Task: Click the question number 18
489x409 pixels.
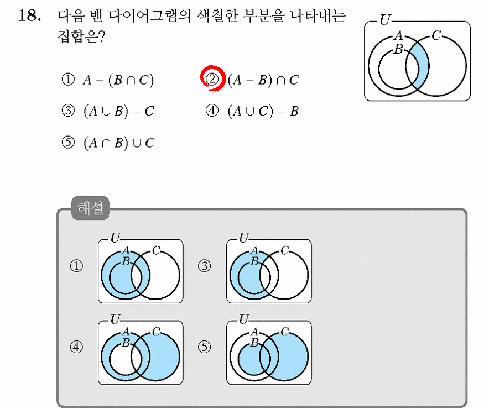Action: coord(29,15)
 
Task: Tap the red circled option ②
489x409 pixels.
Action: coord(212,79)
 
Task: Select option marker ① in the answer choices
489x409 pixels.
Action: coord(68,80)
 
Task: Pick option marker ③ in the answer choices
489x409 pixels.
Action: coord(68,111)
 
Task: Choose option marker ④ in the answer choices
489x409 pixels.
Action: coord(212,111)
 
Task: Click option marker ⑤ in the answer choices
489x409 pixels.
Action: coord(68,143)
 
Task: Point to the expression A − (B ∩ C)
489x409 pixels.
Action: coord(118,80)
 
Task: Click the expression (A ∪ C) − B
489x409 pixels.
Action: coord(263,111)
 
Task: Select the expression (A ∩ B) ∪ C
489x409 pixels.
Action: coord(119,143)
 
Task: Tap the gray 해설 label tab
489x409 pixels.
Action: coord(90,208)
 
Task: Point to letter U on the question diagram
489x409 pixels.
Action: coord(385,20)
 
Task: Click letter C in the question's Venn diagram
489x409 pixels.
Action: coord(436,35)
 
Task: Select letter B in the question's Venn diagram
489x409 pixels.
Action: coord(398,49)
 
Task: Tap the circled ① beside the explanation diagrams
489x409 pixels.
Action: coord(76,266)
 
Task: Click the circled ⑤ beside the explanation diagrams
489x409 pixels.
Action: coord(205,347)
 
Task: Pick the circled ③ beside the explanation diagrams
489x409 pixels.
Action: coord(205,266)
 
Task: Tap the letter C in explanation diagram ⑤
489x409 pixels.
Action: coord(284,332)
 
